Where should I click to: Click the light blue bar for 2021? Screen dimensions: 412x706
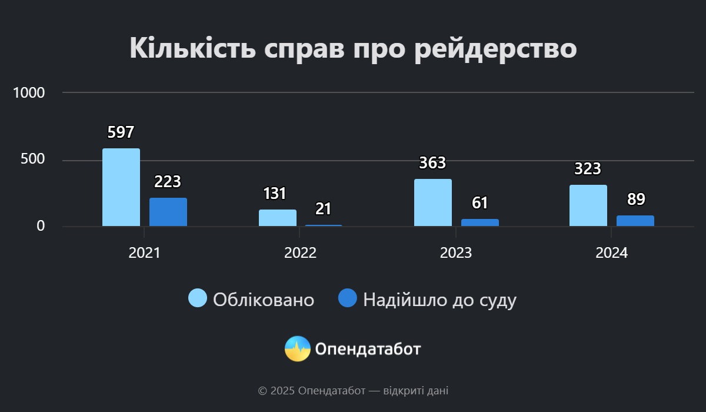coord(121,187)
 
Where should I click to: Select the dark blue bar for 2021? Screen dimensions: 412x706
coord(168,212)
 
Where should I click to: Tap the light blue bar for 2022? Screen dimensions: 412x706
coord(278,218)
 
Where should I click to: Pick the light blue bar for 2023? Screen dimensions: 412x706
coord(433,202)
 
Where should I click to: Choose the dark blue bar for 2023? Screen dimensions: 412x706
coord(480,222)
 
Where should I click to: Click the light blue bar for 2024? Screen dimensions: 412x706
coord(588,205)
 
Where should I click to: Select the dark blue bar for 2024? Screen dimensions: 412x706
coord(635,221)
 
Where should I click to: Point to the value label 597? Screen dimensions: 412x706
coord(121,132)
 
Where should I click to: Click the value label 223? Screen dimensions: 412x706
coord(168,182)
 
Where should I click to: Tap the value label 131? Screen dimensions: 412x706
coord(274,194)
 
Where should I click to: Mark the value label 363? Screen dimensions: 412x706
coord(432,163)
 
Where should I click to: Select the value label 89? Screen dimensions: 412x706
coord(636,200)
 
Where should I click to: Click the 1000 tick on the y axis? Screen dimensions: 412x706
coord(29,93)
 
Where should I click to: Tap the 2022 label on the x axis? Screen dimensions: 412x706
coord(301,253)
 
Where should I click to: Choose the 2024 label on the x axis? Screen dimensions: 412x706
coord(612,253)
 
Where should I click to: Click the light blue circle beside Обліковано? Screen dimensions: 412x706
coord(198,298)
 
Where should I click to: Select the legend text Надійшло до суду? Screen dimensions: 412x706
coord(439,300)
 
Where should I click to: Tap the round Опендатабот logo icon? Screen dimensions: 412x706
coord(298,349)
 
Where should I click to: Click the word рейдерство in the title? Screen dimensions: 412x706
coord(495,48)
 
